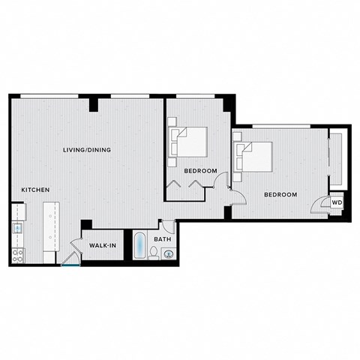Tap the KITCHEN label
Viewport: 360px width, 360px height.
pyautogui.click(x=35, y=190)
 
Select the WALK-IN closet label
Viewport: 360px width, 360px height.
pyautogui.click(x=102, y=245)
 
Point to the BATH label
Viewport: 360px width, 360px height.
pyautogui.click(x=162, y=239)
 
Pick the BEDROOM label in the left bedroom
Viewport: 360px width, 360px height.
pyautogui.click(x=201, y=171)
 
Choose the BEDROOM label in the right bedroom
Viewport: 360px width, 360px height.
pyautogui.click(x=280, y=194)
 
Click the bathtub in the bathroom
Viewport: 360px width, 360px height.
pyautogui.click(x=140, y=247)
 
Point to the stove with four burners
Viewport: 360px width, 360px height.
pyautogui.click(x=16, y=254)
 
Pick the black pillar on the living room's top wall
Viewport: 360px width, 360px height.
pyautogui.click(x=93, y=103)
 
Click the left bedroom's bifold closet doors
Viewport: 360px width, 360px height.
pyautogui.click(x=185, y=184)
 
